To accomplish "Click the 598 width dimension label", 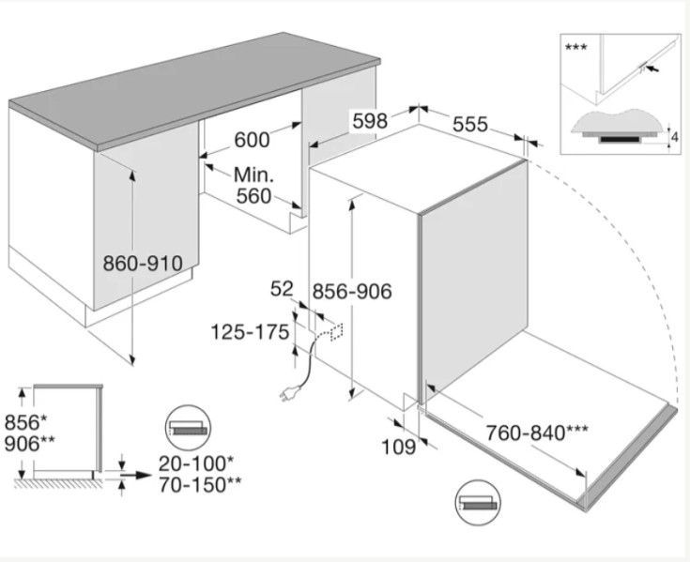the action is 370,120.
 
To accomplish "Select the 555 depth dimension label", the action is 470,125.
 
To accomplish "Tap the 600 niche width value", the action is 252,141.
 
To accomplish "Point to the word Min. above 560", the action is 253,175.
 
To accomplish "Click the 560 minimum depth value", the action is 253,196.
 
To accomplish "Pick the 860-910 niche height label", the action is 143,264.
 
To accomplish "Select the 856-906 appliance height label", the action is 352,291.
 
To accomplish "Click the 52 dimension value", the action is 282,289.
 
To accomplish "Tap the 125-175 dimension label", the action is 250,332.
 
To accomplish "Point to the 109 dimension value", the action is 398,448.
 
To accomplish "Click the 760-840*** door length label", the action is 536,433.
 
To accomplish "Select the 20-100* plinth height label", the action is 196,463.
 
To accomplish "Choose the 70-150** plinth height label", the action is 200,485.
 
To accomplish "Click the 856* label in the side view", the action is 25,422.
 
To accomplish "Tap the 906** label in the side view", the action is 30,444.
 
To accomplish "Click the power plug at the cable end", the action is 289,393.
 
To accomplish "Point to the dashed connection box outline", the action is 336,331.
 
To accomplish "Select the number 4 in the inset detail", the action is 675,138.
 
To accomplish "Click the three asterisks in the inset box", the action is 575,47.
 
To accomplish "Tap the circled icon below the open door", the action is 479,503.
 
